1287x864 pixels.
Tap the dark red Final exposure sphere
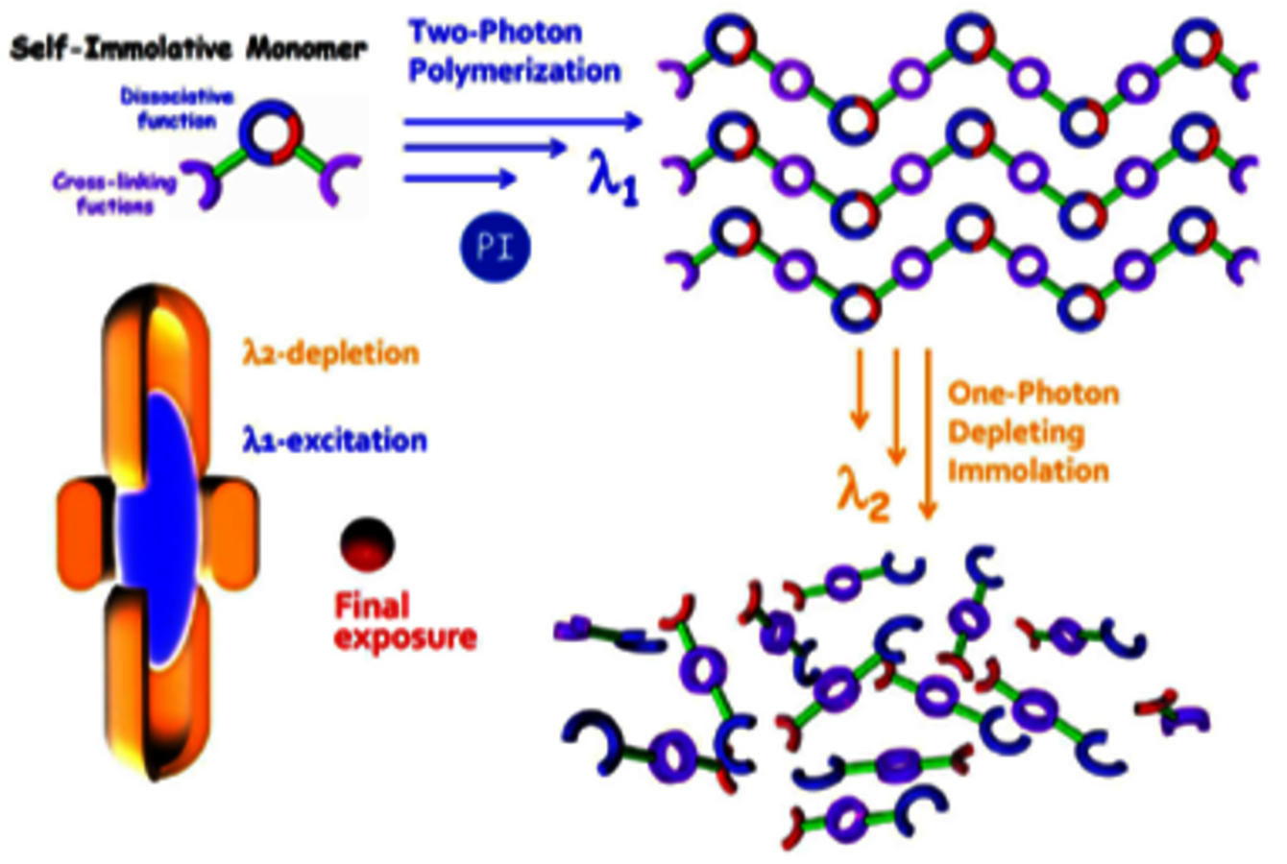367,542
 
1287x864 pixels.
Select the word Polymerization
514,71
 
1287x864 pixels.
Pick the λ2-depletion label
330,354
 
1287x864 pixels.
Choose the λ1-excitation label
334,441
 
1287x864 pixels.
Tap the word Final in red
372,606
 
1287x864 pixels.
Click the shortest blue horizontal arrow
460,179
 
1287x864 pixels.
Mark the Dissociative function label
168,108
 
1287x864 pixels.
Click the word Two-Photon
496,32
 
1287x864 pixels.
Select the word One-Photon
1033,394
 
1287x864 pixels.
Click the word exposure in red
405,637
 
